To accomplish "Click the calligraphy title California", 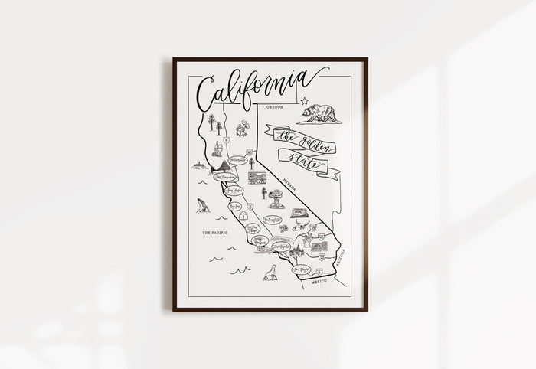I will pyautogui.click(x=252, y=87).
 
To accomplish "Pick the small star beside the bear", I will pyautogui.click(x=304, y=101).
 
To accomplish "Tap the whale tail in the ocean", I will pyautogui.click(x=201, y=205).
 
